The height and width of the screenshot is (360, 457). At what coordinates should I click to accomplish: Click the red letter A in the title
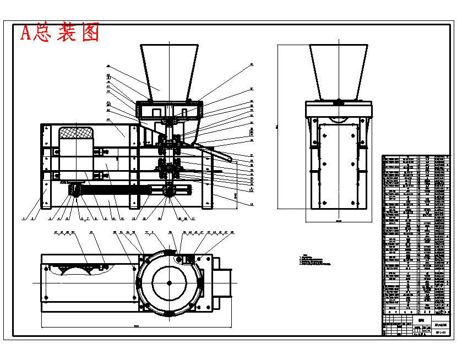(x=25, y=34)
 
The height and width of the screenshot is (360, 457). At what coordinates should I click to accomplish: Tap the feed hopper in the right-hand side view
(x=338, y=69)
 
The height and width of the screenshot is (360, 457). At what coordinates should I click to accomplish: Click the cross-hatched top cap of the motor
(x=75, y=133)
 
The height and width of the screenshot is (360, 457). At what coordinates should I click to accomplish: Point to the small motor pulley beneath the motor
(x=74, y=190)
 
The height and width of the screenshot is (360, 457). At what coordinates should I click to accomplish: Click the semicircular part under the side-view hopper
(x=338, y=120)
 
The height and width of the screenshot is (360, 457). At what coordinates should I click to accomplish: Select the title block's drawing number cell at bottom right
(x=440, y=332)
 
